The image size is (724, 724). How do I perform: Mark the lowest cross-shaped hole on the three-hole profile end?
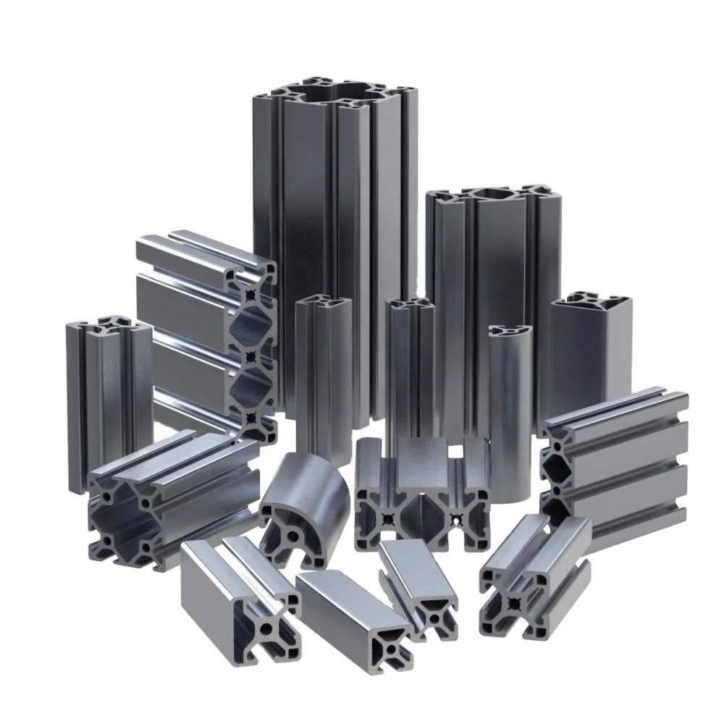(x=251, y=418)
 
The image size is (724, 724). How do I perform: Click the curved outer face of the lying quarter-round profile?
(x=319, y=492)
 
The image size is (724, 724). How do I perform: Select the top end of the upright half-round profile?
(x=510, y=332)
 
